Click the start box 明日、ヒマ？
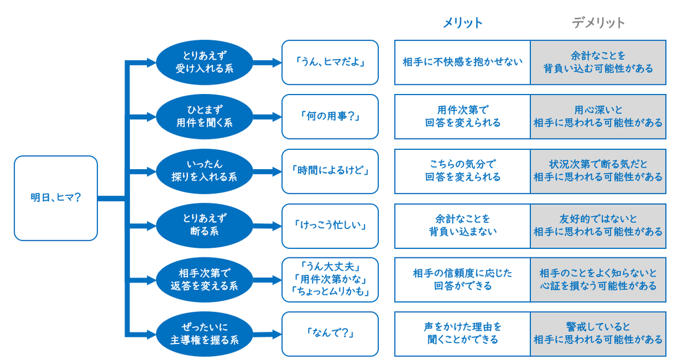(56, 198)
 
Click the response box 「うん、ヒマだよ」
(330, 62)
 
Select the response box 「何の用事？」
(330, 116)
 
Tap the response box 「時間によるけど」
(330, 171)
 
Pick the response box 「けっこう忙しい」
(330, 226)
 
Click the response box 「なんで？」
(330, 334)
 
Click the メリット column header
(463, 23)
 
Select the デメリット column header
(598, 23)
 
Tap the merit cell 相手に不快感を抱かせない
(463, 62)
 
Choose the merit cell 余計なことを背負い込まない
(463, 226)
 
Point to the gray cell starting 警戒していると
(598, 334)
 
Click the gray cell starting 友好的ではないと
(598, 226)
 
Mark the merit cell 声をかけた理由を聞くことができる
(463, 334)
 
